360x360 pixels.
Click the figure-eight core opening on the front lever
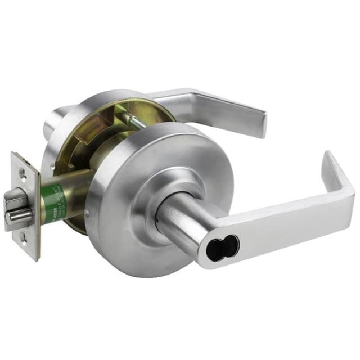click(222, 246)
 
